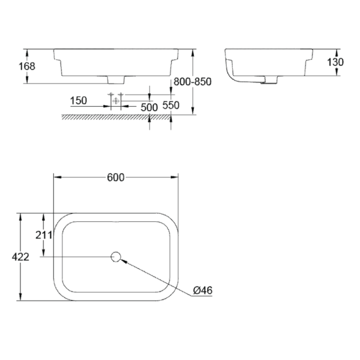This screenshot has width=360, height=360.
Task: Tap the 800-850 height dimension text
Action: pos(191,82)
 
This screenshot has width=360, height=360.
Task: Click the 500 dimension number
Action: pos(148,107)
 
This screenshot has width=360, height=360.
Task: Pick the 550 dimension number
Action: pos(171,106)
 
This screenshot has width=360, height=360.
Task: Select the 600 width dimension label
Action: pos(116,178)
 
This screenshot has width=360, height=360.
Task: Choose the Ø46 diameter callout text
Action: pos(203,290)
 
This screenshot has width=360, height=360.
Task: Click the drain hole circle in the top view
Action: pos(116,257)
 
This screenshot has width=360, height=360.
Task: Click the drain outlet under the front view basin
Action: pos(116,79)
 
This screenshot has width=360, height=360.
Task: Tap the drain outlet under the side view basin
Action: pos(268,79)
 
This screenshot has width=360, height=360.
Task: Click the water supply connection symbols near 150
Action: pos(115,99)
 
